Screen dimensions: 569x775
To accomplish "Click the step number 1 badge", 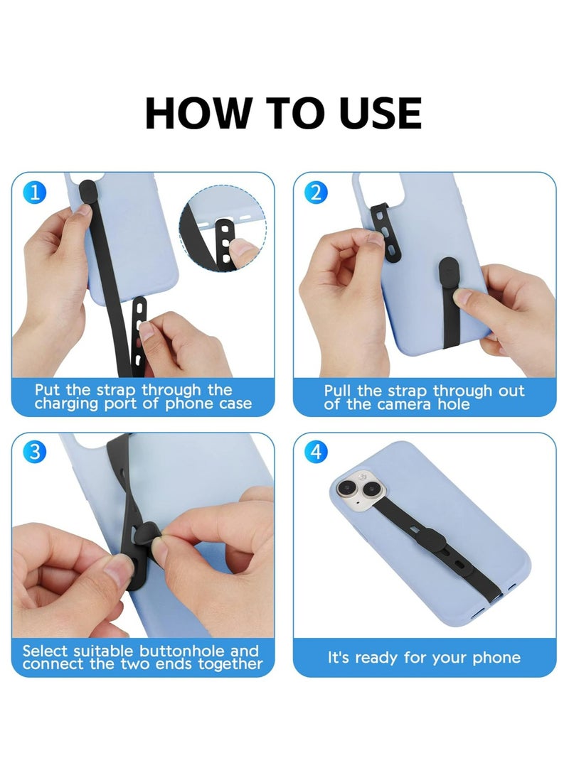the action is point(35,192).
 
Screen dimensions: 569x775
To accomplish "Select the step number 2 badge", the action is point(316,192).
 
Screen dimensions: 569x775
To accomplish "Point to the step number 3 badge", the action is point(35,452).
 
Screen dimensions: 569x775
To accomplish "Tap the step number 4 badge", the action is point(316,452).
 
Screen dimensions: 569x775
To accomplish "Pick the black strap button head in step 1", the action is point(87,190).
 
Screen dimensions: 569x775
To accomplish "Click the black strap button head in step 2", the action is point(450,271).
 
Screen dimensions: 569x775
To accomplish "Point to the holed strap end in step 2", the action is point(384,229).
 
